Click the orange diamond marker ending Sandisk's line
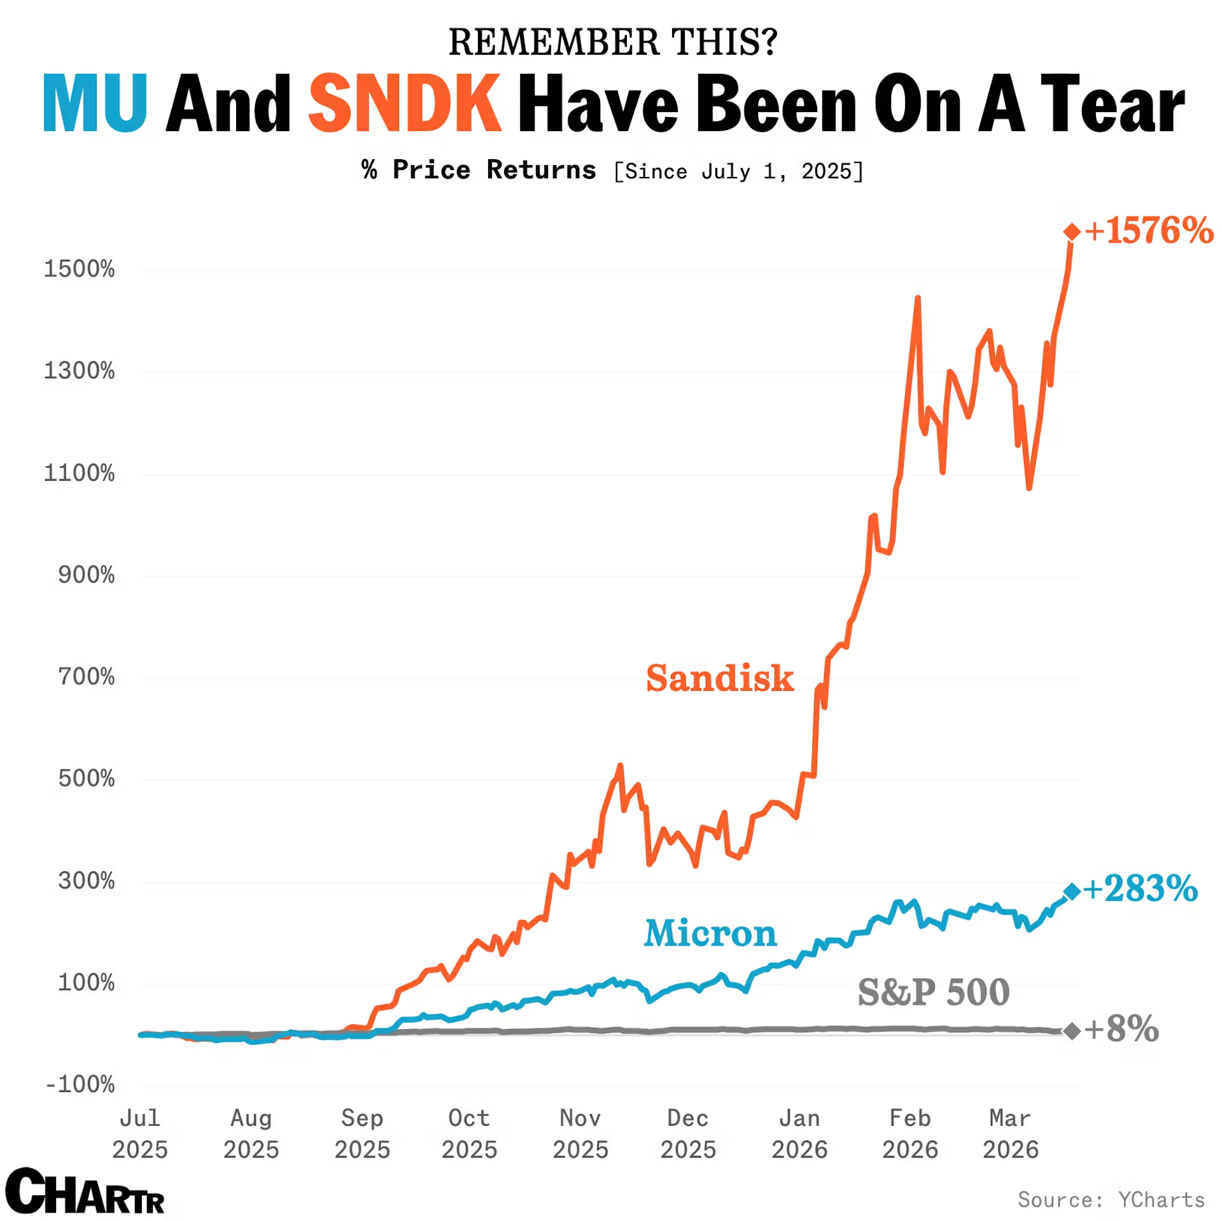1071,231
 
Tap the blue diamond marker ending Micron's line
1071,891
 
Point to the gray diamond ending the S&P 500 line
1071,1030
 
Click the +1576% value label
1149,231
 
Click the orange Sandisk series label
719,678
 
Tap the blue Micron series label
710,933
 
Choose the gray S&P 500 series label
933,992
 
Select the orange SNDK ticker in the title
405,104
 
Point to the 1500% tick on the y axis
80,269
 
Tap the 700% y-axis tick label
87,677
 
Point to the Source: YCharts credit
1111,1200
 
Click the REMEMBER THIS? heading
613,42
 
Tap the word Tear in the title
1112,104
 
